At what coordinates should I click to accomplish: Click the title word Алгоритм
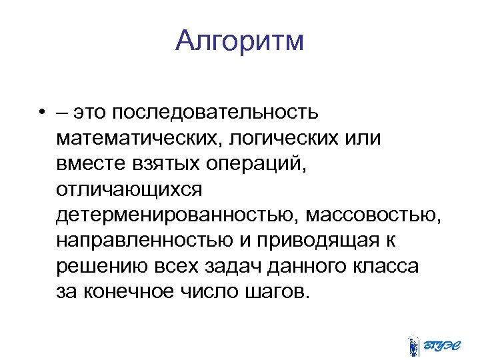tap(240, 41)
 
